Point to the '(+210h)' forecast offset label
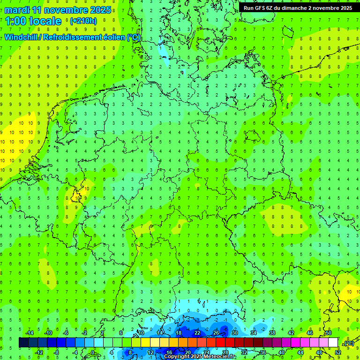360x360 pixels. click(83, 21)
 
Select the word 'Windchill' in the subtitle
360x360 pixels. click(21, 37)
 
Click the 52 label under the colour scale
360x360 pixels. click(338, 352)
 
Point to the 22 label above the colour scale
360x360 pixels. click(197, 333)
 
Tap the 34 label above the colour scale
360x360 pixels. click(254, 333)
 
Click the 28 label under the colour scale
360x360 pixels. click(225, 352)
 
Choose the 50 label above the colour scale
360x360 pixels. click(329, 333)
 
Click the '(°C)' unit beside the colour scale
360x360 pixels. click(349, 343)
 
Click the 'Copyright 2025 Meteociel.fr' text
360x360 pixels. click(200, 357)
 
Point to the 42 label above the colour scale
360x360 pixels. click(291, 333)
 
